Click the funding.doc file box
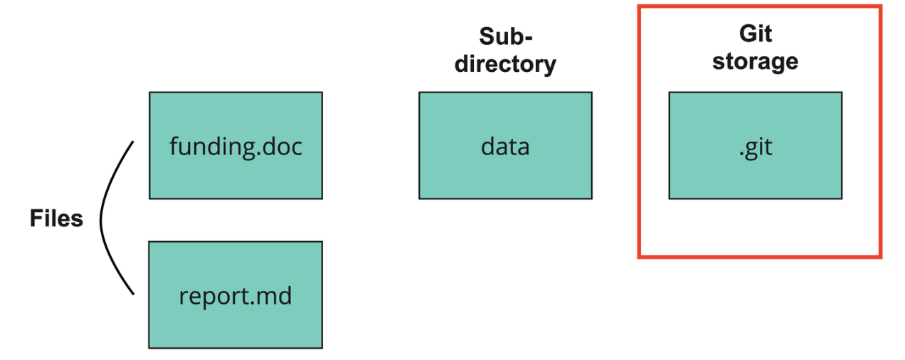click(235, 145)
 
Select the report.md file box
click(235, 295)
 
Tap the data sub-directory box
click(505, 145)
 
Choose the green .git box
click(755, 145)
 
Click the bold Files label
click(56, 219)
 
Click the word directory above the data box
click(505, 64)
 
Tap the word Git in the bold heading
click(755, 34)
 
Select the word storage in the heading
click(755, 62)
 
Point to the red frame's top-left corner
click(640, 7)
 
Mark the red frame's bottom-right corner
click(880, 256)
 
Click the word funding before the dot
click(211, 147)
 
